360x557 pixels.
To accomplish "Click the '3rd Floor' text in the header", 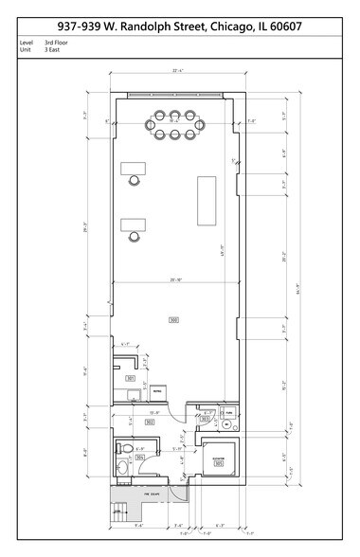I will click(56, 43).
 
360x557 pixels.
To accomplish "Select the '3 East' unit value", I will click(53, 50).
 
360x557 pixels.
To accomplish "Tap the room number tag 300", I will click(173, 319).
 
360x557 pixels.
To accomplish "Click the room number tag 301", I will click(131, 378).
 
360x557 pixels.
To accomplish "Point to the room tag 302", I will click(150, 422).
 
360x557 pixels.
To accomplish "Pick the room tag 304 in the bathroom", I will click(139, 457).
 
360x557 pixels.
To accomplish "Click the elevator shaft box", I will click(220, 458).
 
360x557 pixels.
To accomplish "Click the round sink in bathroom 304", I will click(122, 468).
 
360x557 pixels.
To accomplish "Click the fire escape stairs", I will click(120, 512).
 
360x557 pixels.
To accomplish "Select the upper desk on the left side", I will click(132, 170).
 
